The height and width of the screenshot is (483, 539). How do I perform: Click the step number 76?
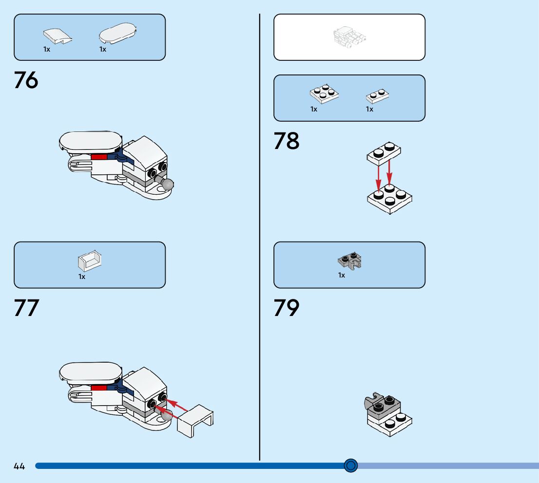click(26, 81)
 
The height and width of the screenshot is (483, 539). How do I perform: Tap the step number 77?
click(26, 308)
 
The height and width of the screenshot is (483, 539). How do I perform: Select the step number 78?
click(286, 141)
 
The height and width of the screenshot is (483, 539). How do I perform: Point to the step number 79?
click(286, 308)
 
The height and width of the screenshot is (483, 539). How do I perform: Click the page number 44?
click(19, 466)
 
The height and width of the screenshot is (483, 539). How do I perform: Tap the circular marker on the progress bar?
click(350, 465)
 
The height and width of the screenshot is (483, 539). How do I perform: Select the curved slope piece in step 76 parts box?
click(57, 35)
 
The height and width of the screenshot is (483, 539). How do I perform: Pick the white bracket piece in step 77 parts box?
click(90, 261)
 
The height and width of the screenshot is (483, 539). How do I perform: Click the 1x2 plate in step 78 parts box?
click(377, 96)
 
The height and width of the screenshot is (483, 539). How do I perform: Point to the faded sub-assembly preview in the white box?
click(349, 37)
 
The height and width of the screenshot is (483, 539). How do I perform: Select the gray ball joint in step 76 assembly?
click(167, 185)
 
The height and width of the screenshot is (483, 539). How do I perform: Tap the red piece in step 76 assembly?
click(99, 157)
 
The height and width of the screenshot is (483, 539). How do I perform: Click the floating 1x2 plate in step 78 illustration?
click(384, 152)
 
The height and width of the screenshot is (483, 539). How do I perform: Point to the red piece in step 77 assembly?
click(99, 388)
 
